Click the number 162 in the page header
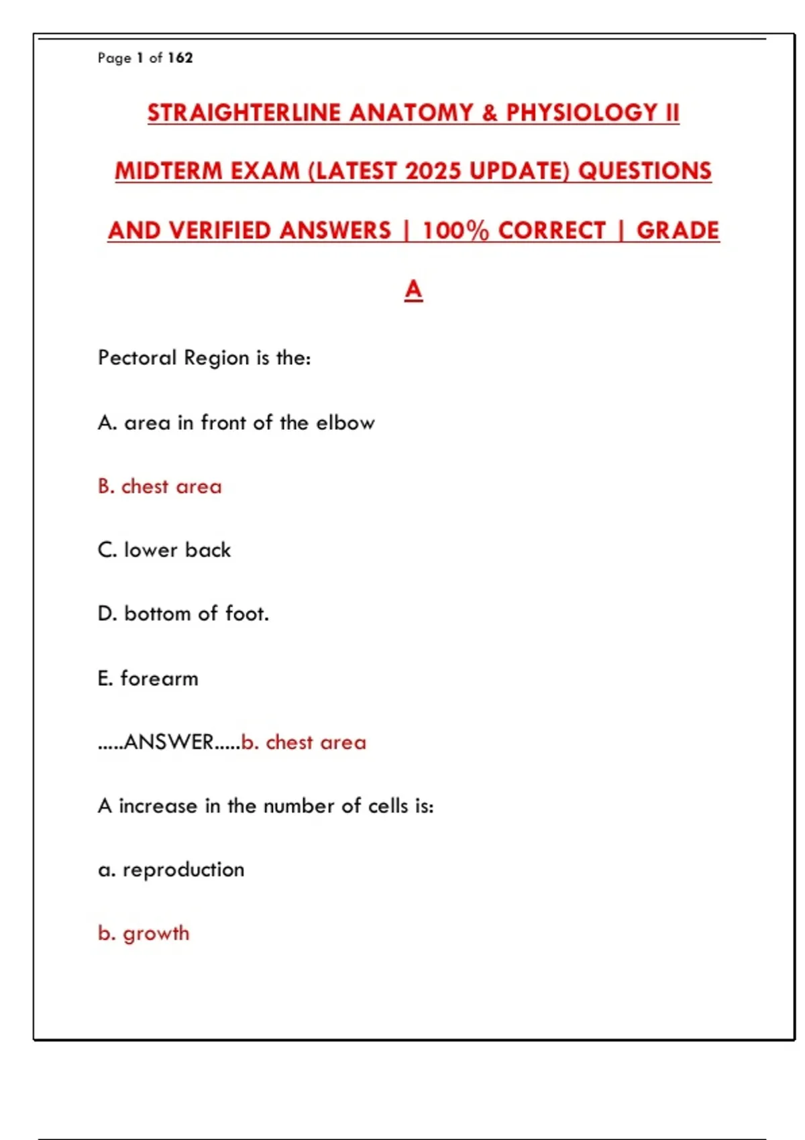point(180,58)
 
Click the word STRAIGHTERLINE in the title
point(245,113)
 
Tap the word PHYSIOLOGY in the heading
point(582,113)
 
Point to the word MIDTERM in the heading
point(168,172)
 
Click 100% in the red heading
point(455,231)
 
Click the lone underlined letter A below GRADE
point(413,290)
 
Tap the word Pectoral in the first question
point(138,357)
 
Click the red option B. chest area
point(160,486)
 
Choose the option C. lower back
point(164,550)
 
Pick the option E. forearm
point(148,679)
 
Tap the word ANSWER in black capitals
point(169,742)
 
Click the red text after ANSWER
point(303,742)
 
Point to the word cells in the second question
point(388,805)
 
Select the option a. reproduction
point(171,870)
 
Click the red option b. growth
point(144,933)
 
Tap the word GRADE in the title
point(678,231)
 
